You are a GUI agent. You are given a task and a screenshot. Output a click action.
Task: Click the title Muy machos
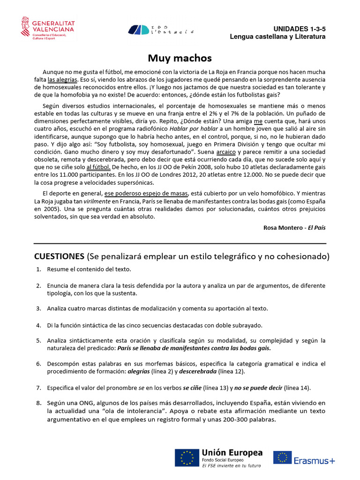[x=180, y=58]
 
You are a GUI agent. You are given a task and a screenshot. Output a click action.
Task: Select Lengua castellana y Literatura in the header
[x=277, y=37]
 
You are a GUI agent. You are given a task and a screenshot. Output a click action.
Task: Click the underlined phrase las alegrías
[x=62, y=80]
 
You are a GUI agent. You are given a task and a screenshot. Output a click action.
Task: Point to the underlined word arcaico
[x=226, y=152]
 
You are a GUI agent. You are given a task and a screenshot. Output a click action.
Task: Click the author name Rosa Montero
[x=283, y=227]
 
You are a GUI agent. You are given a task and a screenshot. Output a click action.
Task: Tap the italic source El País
[x=316, y=227]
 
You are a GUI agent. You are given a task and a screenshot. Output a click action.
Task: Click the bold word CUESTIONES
[x=59, y=256]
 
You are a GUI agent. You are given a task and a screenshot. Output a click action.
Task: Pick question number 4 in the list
[x=38, y=325]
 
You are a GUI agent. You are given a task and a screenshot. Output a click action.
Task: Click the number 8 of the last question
[x=38, y=403]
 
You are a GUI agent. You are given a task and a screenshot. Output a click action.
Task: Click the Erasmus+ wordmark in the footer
[x=315, y=460]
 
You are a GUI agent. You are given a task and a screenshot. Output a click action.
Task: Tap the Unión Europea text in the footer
[x=232, y=453]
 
